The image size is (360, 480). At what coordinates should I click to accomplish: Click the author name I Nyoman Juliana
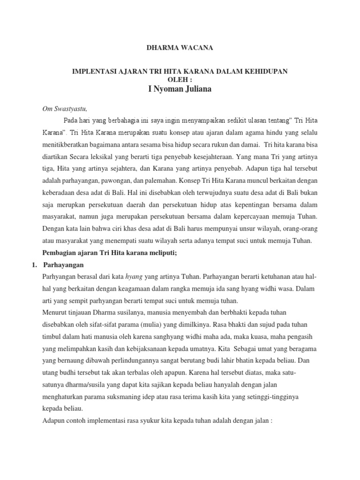(x=180, y=89)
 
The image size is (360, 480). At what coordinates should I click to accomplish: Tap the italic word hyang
(x=135, y=277)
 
